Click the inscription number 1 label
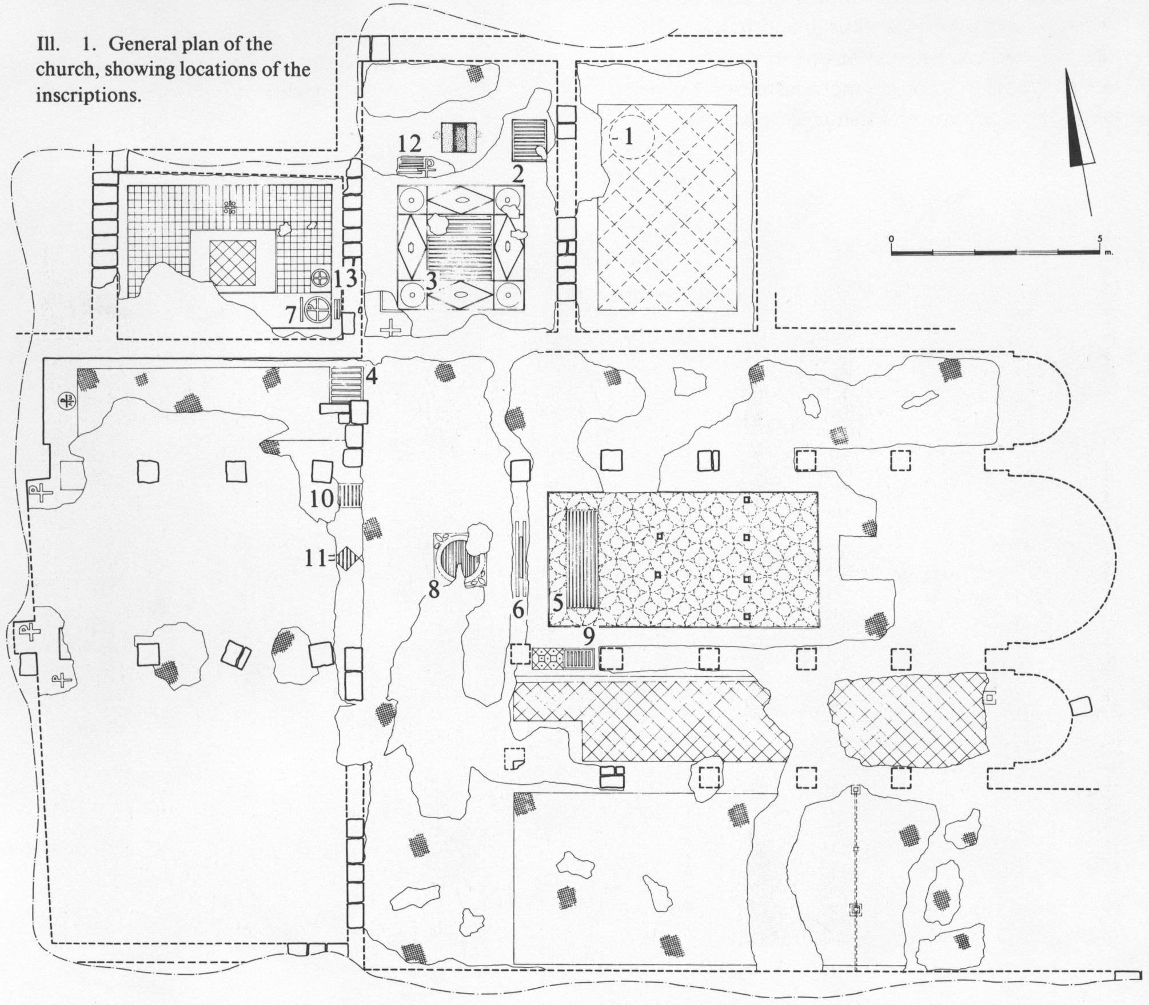point(629,137)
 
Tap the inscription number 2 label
point(518,174)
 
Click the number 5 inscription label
point(558,603)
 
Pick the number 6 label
point(518,610)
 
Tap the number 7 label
point(292,313)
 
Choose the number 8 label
point(434,589)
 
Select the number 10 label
point(322,498)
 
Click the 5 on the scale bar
point(1099,238)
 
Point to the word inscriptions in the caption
point(89,94)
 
